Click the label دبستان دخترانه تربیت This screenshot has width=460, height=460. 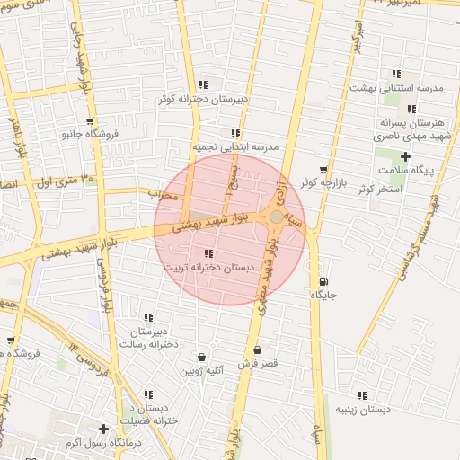[x=208, y=268]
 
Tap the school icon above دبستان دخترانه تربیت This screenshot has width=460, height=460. [x=208, y=254]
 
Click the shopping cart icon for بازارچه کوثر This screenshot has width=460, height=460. [x=323, y=169]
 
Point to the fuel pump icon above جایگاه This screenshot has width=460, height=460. [x=323, y=280]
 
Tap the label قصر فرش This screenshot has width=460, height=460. [x=258, y=364]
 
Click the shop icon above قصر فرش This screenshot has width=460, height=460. [x=258, y=350]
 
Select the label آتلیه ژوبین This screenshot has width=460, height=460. [x=202, y=370]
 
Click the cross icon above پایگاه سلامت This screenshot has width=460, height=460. [x=405, y=156]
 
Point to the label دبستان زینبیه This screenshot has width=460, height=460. [x=363, y=409]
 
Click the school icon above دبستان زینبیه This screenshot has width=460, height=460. [x=362, y=395]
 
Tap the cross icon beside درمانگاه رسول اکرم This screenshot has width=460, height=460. [x=104, y=429]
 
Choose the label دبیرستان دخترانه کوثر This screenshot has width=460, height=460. [x=203, y=98]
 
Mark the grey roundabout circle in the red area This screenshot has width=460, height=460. [x=276, y=217]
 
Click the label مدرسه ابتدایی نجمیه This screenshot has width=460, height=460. [x=235, y=146]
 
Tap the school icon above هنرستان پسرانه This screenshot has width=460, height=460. [x=411, y=110]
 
